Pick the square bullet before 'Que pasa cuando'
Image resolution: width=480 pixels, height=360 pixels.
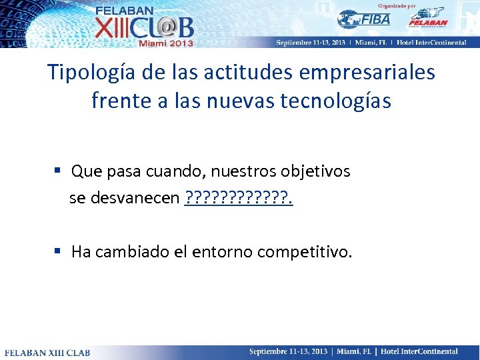pos(59,171)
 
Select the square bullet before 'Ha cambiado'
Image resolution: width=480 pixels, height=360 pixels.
pos(59,251)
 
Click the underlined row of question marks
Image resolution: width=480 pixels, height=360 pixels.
pos(239,198)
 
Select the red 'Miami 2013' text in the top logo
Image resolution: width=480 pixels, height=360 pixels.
pos(165,43)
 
